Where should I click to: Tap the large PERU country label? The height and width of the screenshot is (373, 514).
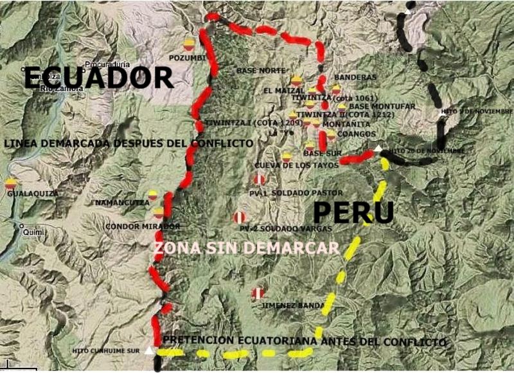(x=353, y=212)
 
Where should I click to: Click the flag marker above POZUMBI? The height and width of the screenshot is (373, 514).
(x=189, y=44)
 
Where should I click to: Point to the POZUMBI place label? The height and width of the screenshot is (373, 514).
(x=187, y=58)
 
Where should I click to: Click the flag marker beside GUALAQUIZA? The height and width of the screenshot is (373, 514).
(x=10, y=184)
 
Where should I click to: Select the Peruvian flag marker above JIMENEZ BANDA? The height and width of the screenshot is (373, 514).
(x=258, y=293)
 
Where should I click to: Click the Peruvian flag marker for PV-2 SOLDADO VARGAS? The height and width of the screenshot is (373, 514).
(x=239, y=217)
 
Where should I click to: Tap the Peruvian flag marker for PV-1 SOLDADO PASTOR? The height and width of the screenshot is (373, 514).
(x=260, y=179)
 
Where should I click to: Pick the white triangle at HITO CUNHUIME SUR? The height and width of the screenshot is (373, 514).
(x=150, y=350)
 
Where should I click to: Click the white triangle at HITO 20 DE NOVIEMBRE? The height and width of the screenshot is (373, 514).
(x=378, y=149)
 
